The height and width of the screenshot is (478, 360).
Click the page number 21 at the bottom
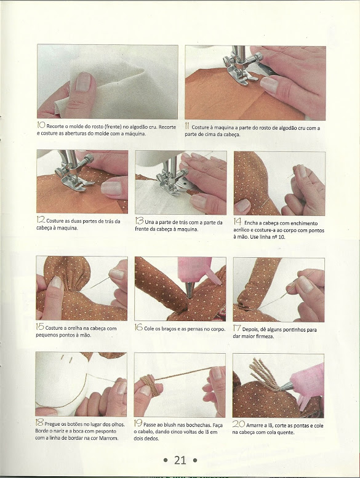click(x=180, y=460)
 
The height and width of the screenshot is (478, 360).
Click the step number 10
click(x=41, y=125)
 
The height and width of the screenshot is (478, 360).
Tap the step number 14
click(x=238, y=221)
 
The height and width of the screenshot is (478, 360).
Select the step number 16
click(x=138, y=327)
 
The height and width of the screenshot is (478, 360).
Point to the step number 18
click(x=39, y=423)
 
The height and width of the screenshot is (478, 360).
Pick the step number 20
click(x=239, y=424)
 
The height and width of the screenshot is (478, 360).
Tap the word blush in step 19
click(x=172, y=424)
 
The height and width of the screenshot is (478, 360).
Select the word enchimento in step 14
click(x=302, y=223)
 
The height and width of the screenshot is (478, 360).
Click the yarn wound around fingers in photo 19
click(x=150, y=386)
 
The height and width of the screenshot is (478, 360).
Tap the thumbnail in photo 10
click(x=84, y=81)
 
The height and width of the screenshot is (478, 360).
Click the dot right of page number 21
click(x=195, y=460)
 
